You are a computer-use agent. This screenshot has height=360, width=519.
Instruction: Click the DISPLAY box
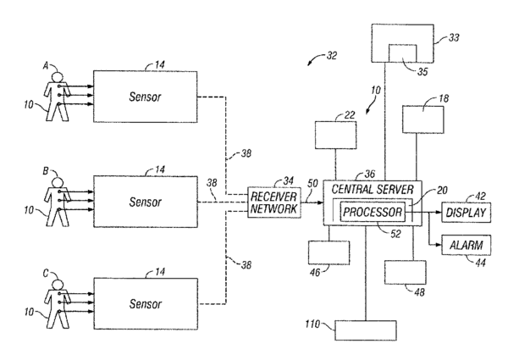467,213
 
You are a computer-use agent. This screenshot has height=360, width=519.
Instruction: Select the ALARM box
467,245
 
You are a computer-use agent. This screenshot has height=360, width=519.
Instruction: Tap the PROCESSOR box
373,212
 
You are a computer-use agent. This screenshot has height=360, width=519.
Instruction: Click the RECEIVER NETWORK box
274,202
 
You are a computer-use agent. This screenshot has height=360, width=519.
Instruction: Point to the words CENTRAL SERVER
373,190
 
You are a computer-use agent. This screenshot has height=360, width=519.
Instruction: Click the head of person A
58,77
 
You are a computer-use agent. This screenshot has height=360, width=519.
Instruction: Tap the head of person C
58,285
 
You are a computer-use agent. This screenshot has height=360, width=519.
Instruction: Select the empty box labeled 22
335,135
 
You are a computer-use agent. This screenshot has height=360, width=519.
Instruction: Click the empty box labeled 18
423,119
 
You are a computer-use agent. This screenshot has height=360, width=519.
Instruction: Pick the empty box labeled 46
329,252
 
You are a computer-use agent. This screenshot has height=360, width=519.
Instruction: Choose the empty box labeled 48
406,272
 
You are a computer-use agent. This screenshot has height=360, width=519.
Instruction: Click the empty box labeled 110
366,330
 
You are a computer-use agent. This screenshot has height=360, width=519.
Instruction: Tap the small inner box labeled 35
402,53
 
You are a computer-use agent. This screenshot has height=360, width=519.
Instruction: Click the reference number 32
331,56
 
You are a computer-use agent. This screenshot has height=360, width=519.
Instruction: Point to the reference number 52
395,234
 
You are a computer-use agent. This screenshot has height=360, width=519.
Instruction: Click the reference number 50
312,183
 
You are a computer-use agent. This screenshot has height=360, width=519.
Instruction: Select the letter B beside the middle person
46,171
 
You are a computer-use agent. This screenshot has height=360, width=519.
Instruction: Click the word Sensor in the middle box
145,202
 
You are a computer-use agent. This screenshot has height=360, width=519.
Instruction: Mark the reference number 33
454,37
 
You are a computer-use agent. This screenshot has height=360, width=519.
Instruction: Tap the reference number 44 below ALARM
480,263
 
